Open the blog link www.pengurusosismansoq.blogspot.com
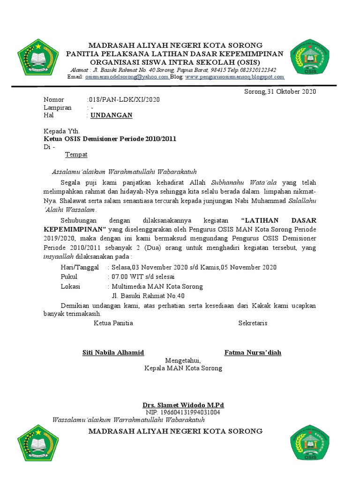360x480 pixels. coord(235,77)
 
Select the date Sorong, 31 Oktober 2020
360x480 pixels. coord(280,91)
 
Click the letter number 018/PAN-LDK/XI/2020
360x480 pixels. coord(124,100)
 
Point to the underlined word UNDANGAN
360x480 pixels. coord(112,115)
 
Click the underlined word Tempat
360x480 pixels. coord(76,154)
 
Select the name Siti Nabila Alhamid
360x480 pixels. coord(113,352)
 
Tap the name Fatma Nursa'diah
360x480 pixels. coord(253,352)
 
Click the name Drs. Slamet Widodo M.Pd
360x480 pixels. coord(183,405)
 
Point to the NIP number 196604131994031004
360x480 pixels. coord(183,412)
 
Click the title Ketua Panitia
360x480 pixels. coord(113,323)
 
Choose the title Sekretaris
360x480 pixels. coord(253,323)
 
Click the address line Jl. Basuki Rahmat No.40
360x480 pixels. coord(148,296)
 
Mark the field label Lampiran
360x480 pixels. coord(58,107)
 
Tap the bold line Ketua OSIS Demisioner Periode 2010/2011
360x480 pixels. coord(110,139)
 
